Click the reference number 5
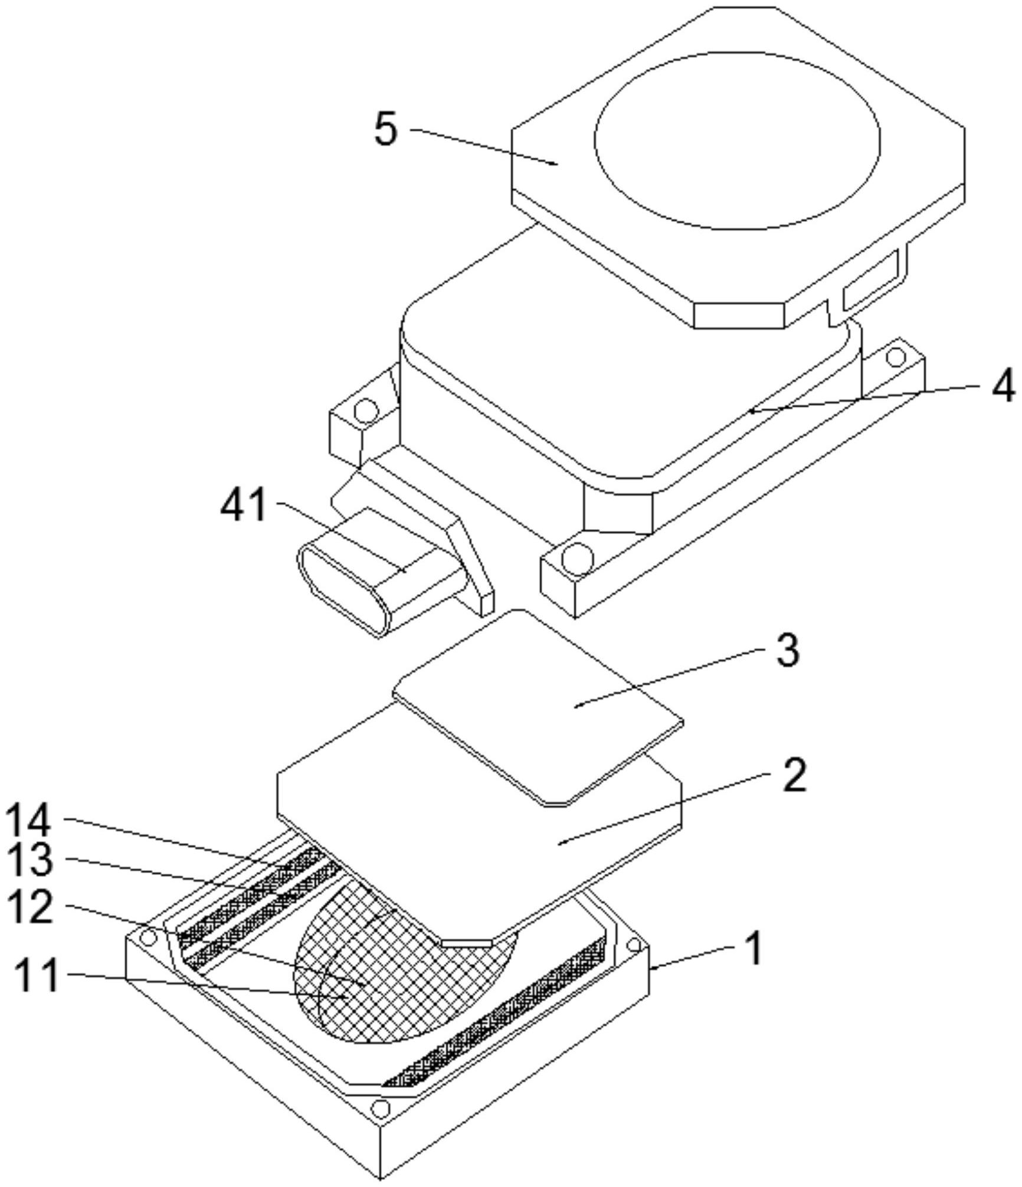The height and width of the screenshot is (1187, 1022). coord(386,129)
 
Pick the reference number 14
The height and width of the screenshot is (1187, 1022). coord(28,822)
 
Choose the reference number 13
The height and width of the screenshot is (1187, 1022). coord(28,860)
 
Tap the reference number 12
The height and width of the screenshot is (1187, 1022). coord(28,907)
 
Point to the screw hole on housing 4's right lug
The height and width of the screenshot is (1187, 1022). coord(896,356)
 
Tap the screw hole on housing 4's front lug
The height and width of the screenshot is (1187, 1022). coord(576,556)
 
